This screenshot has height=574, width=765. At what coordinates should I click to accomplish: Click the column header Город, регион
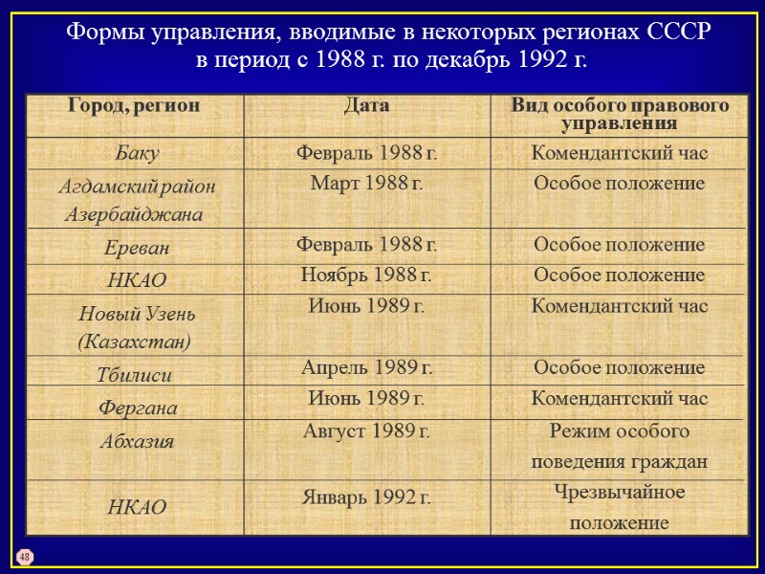click(134, 105)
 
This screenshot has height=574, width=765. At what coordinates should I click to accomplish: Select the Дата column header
click(366, 105)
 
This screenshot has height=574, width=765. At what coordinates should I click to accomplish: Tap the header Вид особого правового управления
click(620, 114)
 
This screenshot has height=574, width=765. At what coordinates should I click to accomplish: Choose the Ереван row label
click(137, 247)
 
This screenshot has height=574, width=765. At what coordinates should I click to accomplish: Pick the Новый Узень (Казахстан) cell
click(134, 325)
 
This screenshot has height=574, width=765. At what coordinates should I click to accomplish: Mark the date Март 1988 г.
click(366, 184)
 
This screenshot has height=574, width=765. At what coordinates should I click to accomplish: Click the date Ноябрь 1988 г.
click(366, 276)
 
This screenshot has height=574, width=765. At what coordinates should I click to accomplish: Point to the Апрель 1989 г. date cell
click(366, 367)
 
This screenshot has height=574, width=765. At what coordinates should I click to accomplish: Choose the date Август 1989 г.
click(366, 430)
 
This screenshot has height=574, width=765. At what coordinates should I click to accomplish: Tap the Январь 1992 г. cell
click(366, 497)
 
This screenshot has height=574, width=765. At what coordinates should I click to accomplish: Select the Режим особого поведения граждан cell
click(620, 446)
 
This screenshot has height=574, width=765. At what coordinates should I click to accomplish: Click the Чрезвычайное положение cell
click(620, 508)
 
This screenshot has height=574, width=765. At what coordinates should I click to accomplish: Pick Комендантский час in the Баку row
click(620, 152)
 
